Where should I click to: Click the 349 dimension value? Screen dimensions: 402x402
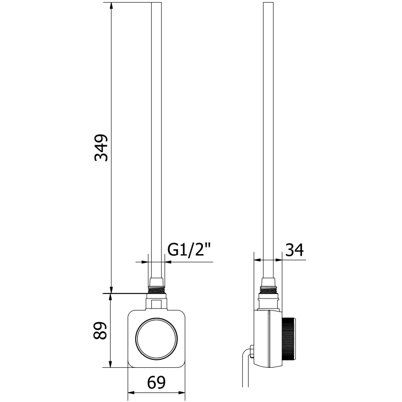[102, 147]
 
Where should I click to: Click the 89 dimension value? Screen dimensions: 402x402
[101, 331]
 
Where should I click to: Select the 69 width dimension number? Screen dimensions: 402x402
[156, 383]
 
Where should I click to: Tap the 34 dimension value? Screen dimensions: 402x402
[295, 250]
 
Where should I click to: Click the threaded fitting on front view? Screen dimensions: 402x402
[156, 289]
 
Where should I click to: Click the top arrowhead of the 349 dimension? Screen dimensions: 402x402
[111, 6]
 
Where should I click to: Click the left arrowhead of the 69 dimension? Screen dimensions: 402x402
[131, 392]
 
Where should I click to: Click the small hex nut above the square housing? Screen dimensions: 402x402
[156, 303]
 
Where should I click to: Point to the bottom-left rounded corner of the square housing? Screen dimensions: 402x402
[132, 363]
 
